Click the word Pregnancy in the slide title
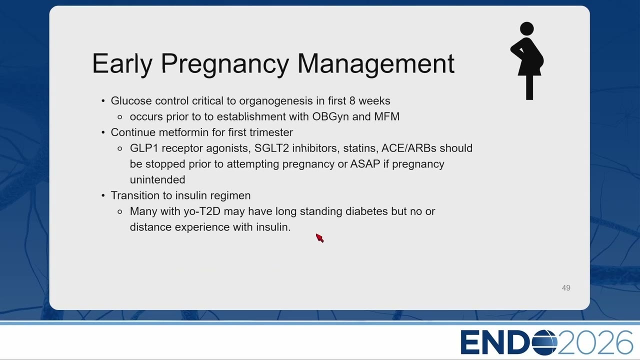coord(225,64)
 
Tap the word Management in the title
coord(376,64)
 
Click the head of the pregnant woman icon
coord(527,28)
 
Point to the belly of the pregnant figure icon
coord(538,60)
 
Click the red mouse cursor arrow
coord(319,237)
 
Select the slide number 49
coord(566,287)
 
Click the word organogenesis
coord(275,101)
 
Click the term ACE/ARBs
coord(409,148)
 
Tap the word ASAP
coord(365,164)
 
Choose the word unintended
coord(157,179)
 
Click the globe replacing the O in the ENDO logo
coord(544,342)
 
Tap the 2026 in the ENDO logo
coord(595,342)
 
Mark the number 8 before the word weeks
coord(352,101)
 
